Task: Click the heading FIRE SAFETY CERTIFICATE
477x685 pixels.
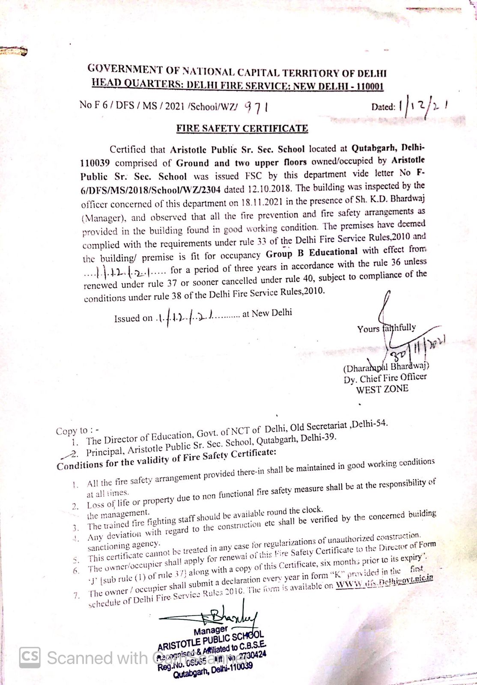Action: tap(242, 128)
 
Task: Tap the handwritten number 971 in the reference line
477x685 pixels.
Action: tap(256, 107)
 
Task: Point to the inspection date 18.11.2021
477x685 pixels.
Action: tap(262, 202)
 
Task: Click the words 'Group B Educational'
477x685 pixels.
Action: tap(312, 252)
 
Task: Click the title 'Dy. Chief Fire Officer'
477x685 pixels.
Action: tap(385, 378)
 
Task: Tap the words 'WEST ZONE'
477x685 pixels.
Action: tap(382, 389)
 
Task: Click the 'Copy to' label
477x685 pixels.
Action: tap(77, 431)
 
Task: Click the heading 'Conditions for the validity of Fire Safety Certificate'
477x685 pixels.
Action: tap(166, 459)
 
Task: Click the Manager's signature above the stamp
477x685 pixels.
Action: tap(218, 616)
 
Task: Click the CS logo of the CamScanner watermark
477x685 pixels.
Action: tap(30, 657)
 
